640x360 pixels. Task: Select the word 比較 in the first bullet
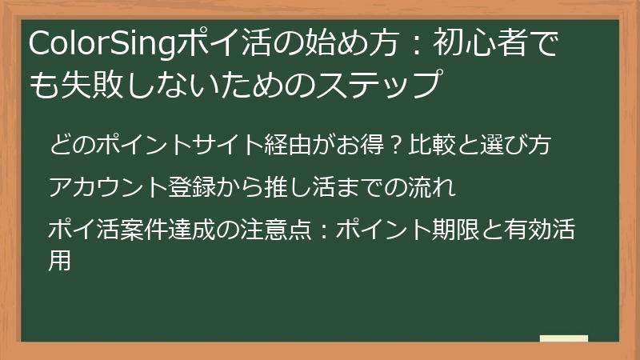(430, 146)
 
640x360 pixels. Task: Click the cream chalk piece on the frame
(564, 338)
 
